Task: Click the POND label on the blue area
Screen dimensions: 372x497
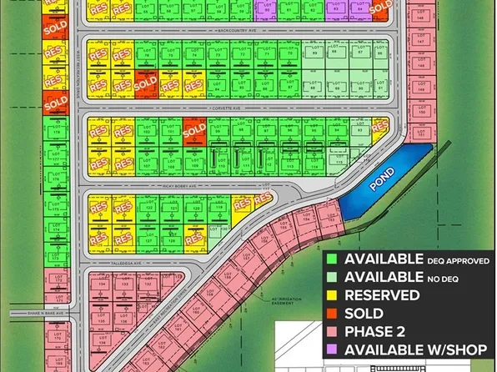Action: (392, 178)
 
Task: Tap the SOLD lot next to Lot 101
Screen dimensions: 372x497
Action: (193, 130)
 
